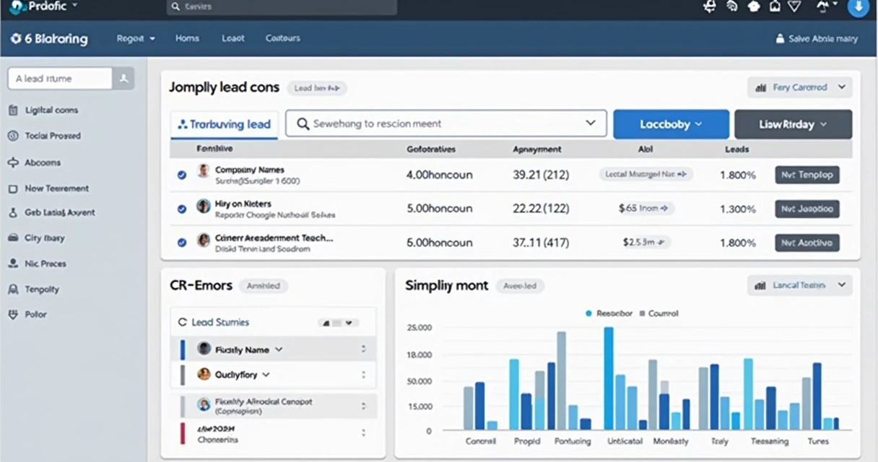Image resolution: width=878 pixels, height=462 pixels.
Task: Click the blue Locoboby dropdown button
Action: [x=670, y=124]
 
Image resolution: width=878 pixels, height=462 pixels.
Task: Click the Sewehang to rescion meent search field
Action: [x=445, y=123]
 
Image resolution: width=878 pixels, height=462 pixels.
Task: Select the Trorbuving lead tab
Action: [x=224, y=124]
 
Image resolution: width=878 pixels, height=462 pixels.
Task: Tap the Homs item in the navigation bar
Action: [x=187, y=38]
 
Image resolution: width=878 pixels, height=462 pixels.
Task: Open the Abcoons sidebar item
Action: [x=43, y=162]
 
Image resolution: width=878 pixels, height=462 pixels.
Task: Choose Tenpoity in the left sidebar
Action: [x=42, y=289]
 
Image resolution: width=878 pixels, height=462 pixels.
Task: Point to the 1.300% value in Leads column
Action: [x=737, y=209]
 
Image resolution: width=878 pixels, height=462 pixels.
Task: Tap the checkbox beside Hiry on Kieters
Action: [x=182, y=209]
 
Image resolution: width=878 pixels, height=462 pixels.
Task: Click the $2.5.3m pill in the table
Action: [x=646, y=243]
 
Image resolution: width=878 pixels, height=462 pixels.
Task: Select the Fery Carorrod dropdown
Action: [x=799, y=87]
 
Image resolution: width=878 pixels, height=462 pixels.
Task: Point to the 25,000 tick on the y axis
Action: [x=420, y=328]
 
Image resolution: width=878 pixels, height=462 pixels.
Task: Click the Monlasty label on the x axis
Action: [x=671, y=441]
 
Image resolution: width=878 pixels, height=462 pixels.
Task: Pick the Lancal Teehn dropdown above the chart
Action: [x=799, y=285]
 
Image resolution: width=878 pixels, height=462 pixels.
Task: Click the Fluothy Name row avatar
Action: [x=204, y=349]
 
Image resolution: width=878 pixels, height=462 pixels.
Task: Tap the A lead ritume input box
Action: [x=61, y=79]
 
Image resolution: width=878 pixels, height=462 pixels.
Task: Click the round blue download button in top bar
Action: [x=858, y=7]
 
